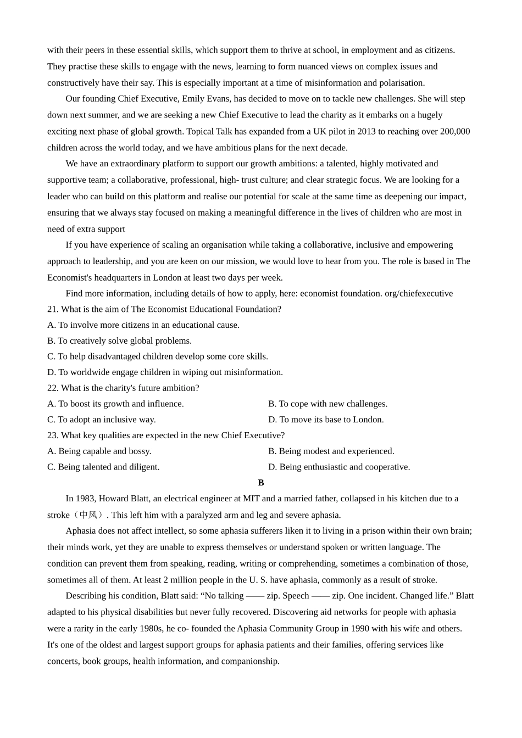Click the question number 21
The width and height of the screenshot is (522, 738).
[x=52, y=309]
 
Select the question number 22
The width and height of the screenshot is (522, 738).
[x=52, y=388]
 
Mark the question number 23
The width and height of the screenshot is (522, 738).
[x=52, y=435]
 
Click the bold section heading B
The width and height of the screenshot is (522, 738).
[x=261, y=483]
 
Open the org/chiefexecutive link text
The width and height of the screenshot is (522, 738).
[x=419, y=293]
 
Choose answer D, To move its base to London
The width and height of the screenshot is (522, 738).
[x=326, y=420]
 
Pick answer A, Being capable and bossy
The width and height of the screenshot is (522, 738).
[x=99, y=451]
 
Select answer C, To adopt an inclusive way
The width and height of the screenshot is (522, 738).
[x=102, y=420]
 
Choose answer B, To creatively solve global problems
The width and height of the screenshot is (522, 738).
[x=119, y=341]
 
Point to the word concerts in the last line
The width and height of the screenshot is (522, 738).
[x=63, y=661]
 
